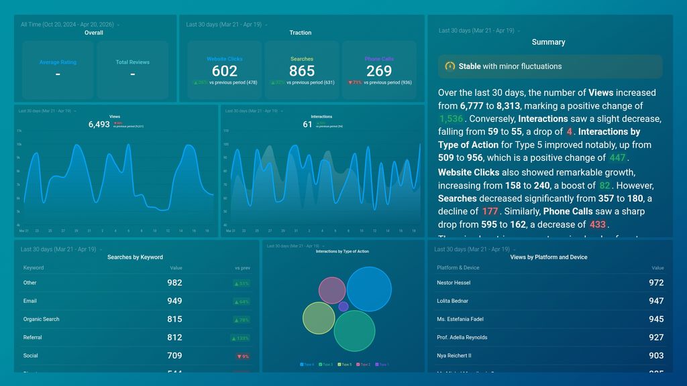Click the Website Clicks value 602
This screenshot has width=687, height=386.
225,71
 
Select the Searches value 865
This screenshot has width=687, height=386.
302,71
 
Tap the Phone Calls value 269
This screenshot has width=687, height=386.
379,71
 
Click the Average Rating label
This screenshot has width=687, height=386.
58,62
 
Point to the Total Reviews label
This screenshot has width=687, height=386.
132,62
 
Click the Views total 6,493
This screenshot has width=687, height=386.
99,124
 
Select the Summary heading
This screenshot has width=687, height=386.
548,42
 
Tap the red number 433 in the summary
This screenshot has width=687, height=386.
597,224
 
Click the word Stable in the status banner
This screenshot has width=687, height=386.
470,66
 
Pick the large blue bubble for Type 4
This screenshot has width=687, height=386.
369,289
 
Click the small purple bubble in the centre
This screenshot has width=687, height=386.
343,306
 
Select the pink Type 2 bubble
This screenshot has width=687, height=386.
331,290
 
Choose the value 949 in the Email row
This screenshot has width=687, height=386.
174,301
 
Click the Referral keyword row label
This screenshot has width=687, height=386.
32,337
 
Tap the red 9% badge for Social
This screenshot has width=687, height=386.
242,356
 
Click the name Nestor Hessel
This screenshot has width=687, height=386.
454,283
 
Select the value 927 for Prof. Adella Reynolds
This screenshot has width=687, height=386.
656,337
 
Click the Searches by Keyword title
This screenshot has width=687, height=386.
135,257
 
